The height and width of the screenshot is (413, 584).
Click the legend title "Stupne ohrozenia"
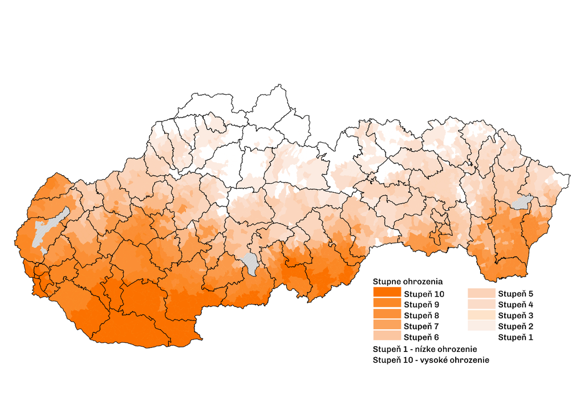[408, 282]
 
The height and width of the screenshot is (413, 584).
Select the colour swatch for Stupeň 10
[387, 293]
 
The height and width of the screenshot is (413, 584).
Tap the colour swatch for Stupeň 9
[387, 304]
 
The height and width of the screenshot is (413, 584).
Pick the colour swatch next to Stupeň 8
[387, 315]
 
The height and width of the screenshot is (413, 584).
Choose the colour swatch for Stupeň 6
[387, 337]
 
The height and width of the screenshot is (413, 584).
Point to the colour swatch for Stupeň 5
[481, 293]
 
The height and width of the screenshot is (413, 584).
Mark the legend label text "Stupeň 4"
[516, 305]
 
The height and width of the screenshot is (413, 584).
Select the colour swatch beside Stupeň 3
[481, 315]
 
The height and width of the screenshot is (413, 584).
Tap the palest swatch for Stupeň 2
[481, 326]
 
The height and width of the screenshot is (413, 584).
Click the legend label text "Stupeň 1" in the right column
[516, 337]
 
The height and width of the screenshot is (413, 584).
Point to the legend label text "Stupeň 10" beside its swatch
[424, 294]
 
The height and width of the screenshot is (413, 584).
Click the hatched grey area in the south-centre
[250, 263]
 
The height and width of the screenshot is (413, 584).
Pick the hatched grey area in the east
[522, 202]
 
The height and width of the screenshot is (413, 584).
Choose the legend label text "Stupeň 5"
[516, 294]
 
